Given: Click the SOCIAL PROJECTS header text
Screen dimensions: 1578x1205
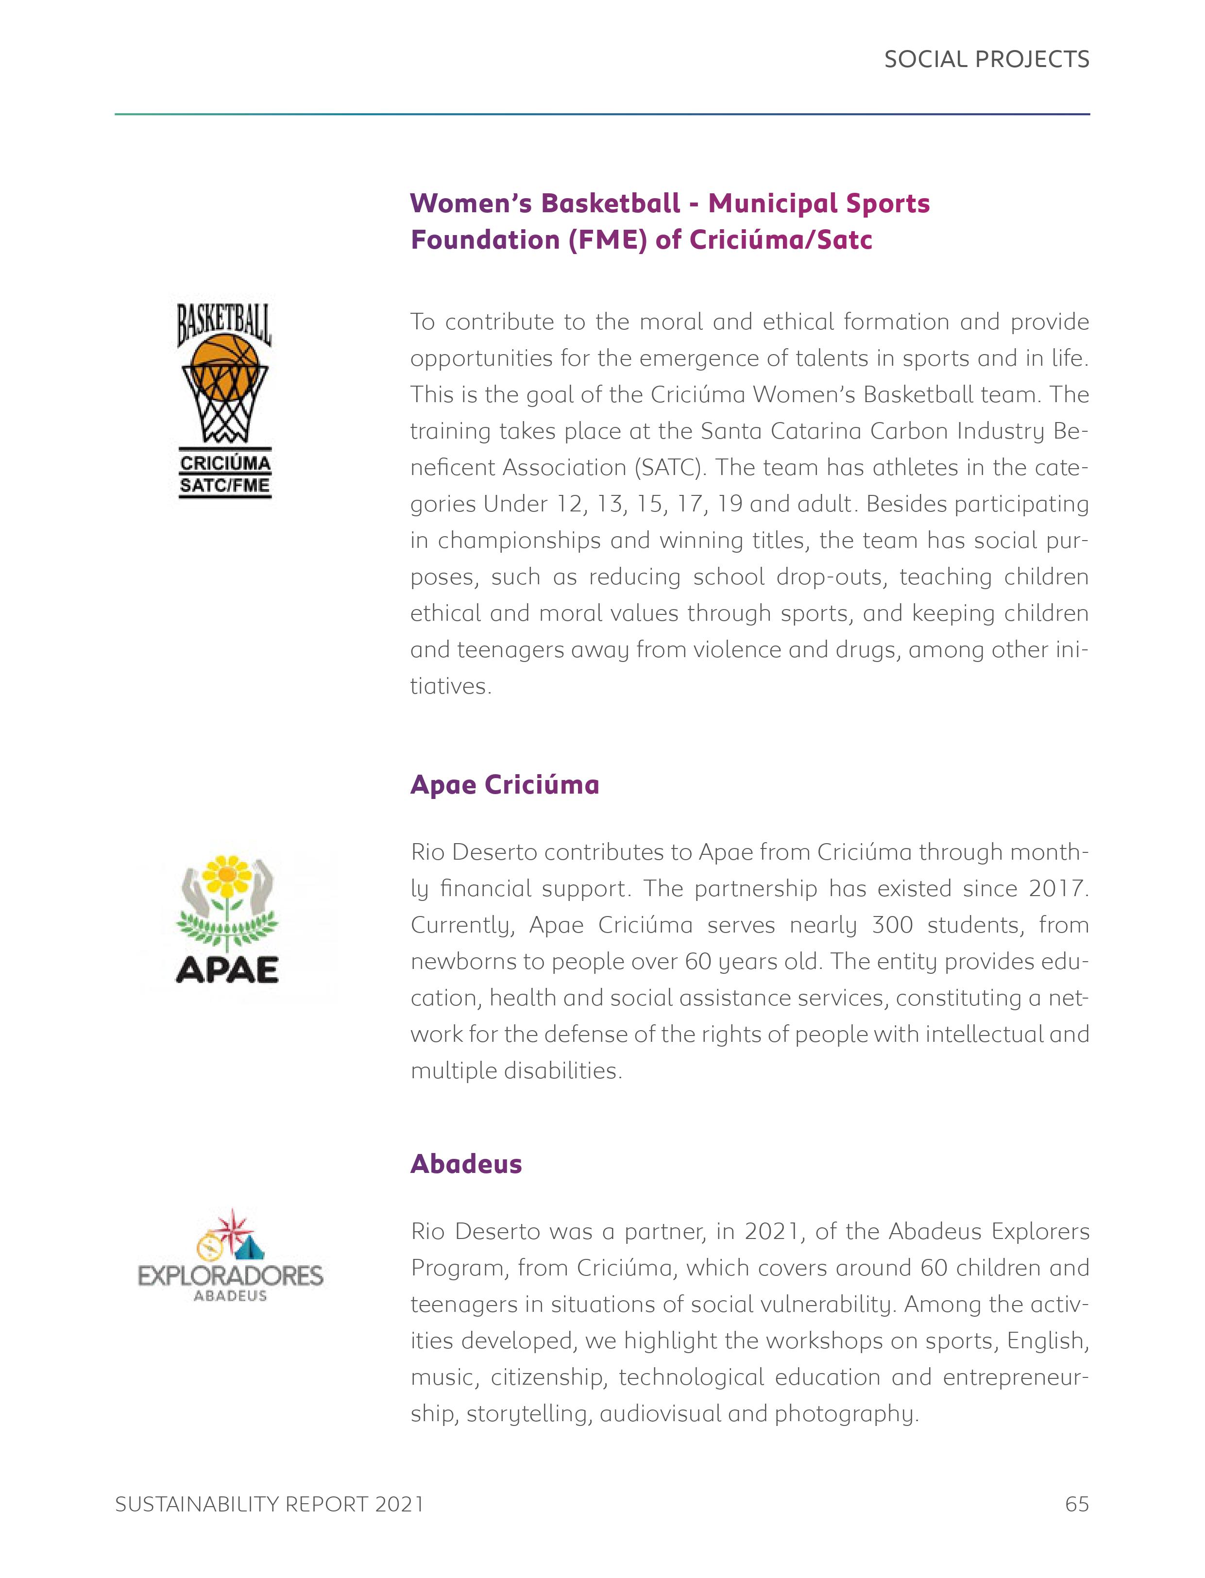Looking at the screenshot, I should coord(986,60).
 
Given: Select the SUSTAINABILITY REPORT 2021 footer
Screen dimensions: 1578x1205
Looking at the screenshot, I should coord(269,1504).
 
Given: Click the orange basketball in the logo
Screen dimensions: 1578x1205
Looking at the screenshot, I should coord(226,367).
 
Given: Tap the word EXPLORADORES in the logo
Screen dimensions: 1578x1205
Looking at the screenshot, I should coord(230,1276).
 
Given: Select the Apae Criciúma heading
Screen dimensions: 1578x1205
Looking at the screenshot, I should coord(504,785).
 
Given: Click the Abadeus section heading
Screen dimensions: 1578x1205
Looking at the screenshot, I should coord(465,1163).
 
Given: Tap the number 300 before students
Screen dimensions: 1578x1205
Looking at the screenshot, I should coord(892,925).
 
